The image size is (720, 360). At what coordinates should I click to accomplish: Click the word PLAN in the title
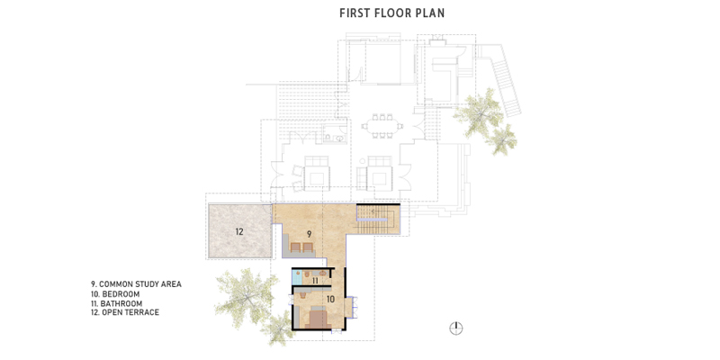coord(429,13)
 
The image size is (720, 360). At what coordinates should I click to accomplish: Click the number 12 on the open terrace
coord(239,231)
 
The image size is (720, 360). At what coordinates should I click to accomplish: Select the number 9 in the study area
coord(309,234)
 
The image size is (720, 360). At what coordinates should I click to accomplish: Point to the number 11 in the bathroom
coord(316,280)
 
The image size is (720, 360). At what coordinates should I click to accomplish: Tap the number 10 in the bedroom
coord(330,299)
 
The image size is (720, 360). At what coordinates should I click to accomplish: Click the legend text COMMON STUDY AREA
coord(140,284)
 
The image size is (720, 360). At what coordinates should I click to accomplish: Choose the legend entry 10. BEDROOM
coord(115,294)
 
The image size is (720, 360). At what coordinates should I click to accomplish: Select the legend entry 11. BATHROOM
coord(117,303)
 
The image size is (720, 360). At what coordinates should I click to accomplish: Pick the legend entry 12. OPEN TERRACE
coord(125,312)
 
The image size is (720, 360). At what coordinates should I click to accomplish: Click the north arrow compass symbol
coord(456,328)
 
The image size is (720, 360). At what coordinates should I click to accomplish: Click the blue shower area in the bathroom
coord(297,277)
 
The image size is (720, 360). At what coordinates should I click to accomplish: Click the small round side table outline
coord(363,161)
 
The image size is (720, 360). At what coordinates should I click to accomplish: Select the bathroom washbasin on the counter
coord(322,274)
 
